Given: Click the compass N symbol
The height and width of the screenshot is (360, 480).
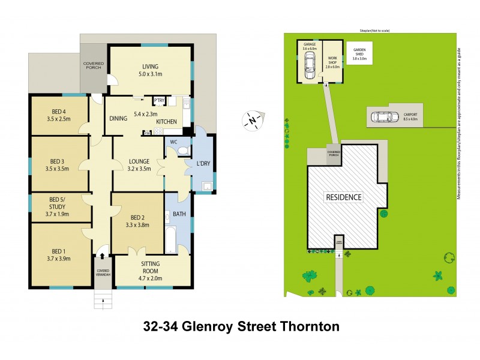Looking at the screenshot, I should [253, 121].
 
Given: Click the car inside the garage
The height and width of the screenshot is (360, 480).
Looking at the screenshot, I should [310, 61].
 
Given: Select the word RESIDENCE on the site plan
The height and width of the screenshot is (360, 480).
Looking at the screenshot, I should [344, 197].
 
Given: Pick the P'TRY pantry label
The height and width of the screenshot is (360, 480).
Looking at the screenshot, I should [159, 100].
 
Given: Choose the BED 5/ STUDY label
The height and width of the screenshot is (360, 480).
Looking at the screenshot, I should [61, 206].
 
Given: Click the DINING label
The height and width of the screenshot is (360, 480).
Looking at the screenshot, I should [119, 118].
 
